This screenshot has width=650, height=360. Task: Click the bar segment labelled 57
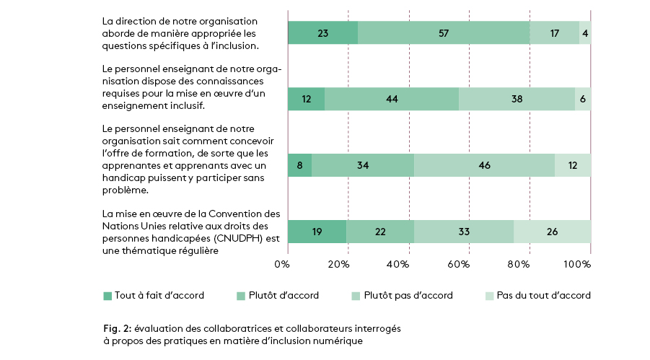[444, 33]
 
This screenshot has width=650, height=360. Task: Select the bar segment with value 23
[322, 33]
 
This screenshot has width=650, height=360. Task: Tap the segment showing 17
[554, 33]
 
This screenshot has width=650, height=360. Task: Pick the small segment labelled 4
[585, 33]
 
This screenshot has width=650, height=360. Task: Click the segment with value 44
[392, 99]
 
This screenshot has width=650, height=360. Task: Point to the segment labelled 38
[517, 99]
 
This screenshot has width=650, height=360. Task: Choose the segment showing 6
[583, 99]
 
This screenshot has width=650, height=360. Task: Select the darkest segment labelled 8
[299, 165]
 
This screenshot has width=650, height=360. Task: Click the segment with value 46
[484, 165]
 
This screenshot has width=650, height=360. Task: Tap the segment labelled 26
[552, 232]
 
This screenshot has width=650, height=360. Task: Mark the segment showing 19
[317, 232]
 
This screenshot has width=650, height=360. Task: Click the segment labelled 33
[464, 232]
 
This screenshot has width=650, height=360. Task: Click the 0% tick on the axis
[282, 265]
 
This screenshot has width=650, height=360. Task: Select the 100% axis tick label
[577, 265]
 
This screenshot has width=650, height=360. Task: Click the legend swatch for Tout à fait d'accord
[107, 295]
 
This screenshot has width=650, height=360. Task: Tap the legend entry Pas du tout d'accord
[543, 295]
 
